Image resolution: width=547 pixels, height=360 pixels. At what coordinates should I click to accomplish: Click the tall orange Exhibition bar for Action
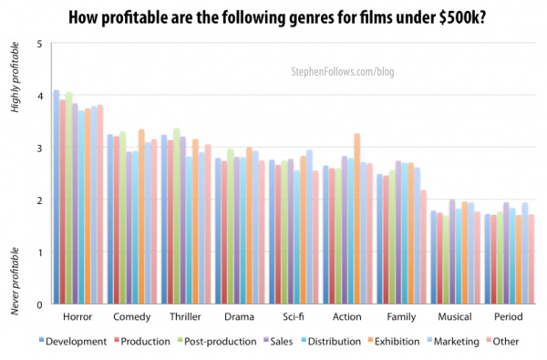tap(357, 219)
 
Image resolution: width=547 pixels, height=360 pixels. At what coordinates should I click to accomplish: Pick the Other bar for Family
tap(423, 246)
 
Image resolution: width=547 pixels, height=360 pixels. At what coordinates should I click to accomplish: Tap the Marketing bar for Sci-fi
tap(309, 227)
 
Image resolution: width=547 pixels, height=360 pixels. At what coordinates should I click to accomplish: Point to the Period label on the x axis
tap(508, 317)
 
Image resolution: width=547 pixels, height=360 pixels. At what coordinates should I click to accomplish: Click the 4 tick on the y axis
tap(38, 96)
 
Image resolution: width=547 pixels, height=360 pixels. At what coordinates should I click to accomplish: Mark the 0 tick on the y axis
tap(38, 304)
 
